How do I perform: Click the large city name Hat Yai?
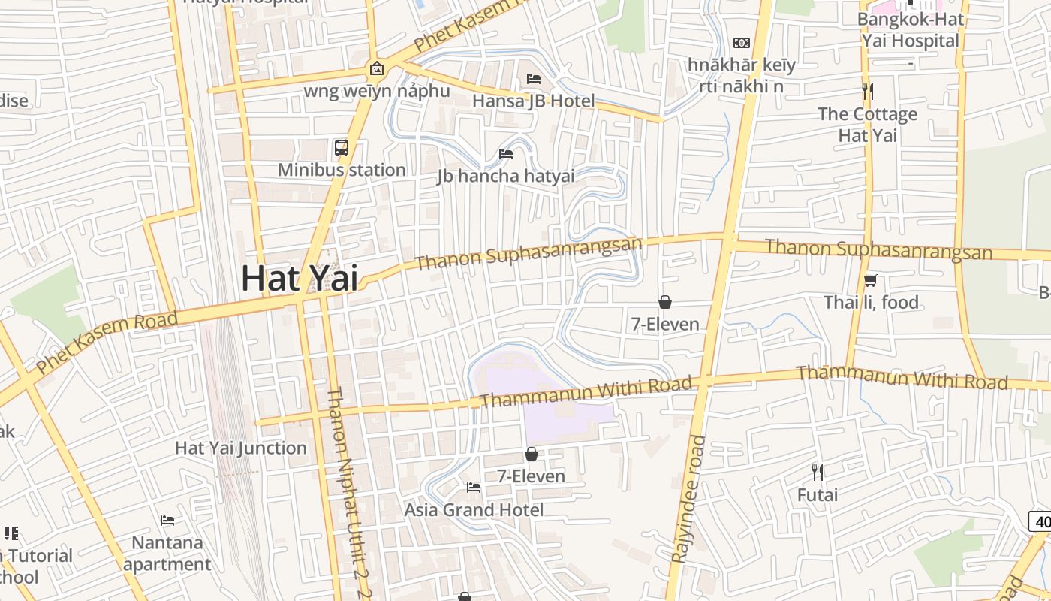point(300,279)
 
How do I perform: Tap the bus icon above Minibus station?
point(342,148)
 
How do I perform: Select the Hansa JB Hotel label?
point(533,101)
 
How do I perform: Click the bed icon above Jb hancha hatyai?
point(506,154)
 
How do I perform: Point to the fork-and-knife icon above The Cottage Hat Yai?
point(868,92)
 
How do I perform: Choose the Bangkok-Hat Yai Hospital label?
point(911,29)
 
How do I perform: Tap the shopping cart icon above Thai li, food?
point(871,281)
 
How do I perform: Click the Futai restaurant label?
point(818,495)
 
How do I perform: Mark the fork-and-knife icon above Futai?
point(818,473)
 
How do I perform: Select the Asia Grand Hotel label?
point(474,509)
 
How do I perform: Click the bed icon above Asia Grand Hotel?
point(474,488)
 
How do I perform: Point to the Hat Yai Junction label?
point(241,448)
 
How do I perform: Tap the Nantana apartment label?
point(167,553)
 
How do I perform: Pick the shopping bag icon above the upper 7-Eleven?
point(664,302)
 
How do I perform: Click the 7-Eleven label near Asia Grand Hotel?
point(531,476)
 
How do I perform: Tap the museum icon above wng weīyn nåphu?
point(377,70)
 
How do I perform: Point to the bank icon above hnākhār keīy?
point(742,43)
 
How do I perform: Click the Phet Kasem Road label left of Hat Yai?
point(107,343)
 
